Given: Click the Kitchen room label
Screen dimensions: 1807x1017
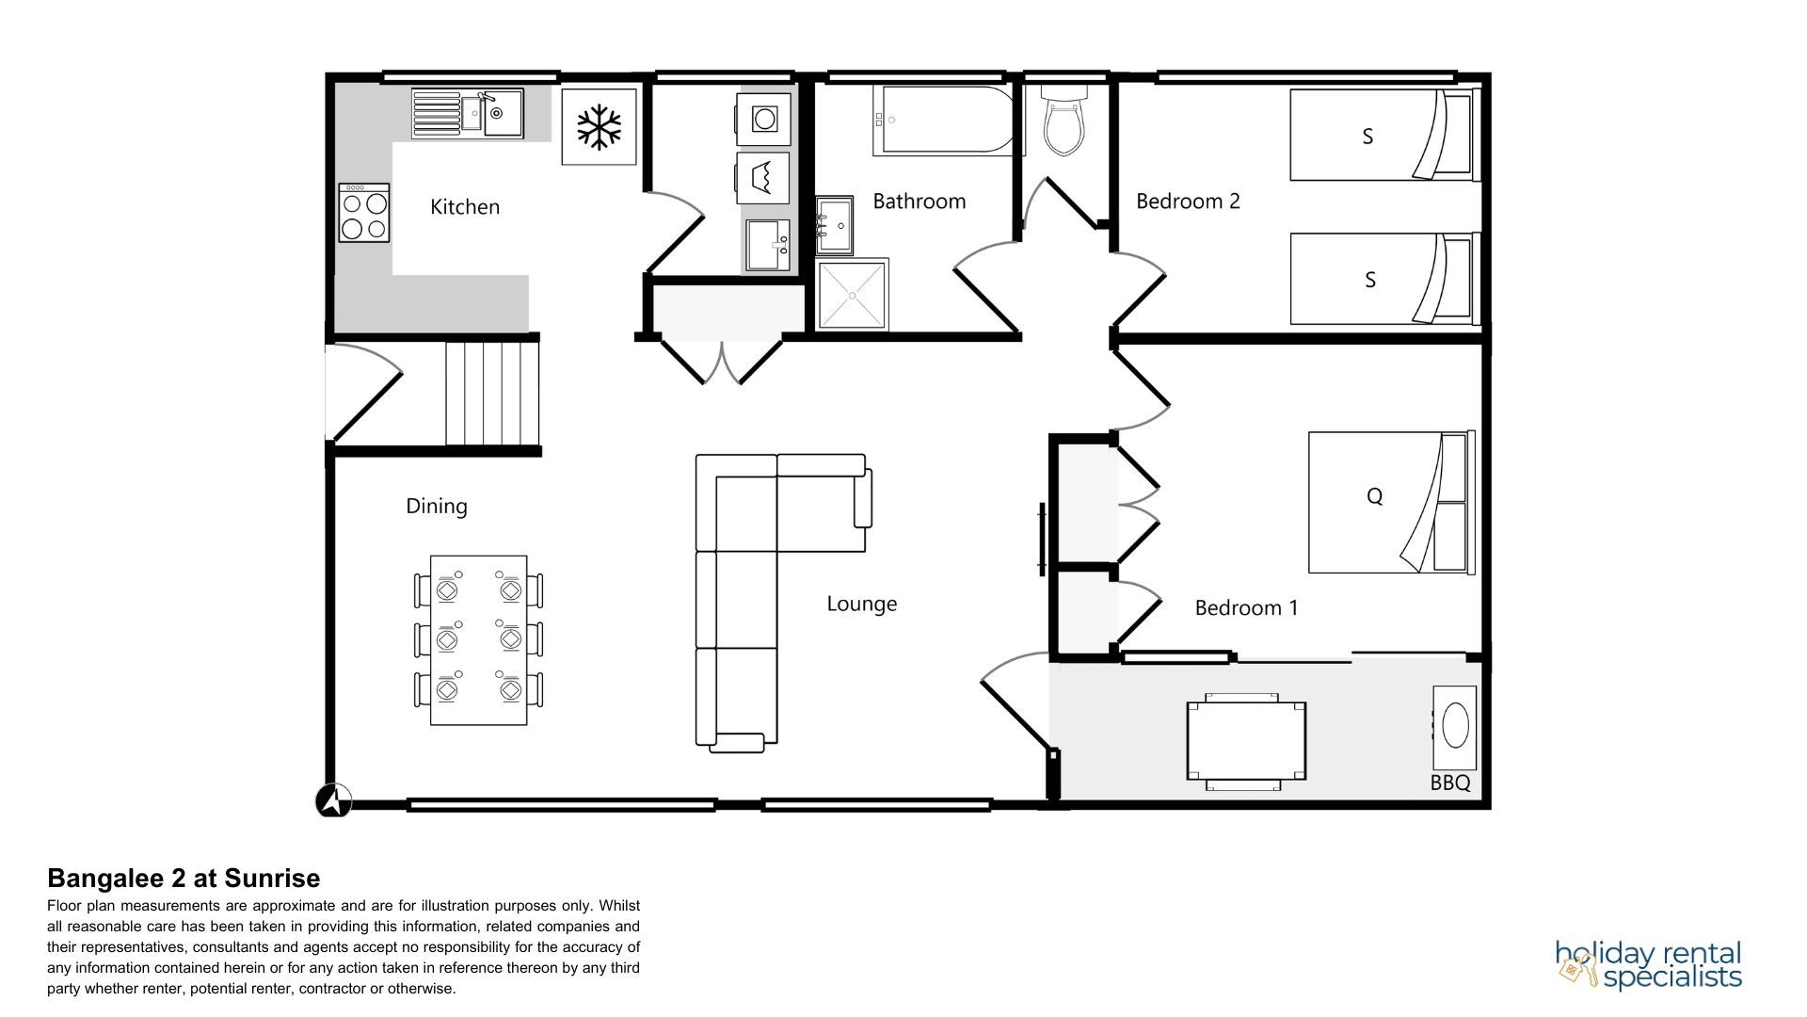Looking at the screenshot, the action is click(x=465, y=207).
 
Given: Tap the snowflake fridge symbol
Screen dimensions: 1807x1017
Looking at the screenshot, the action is click(x=600, y=127).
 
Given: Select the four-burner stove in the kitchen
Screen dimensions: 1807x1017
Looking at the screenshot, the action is click(x=364, y=213).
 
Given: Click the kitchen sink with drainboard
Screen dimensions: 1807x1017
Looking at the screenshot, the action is click(x=468, y=114).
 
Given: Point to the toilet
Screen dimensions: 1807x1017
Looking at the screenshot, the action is click(x=1064, y=120).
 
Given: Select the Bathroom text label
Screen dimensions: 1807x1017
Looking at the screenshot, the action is click(x=919, y=201).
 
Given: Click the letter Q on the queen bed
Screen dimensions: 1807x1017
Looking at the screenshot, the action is click(x=1374, y=496).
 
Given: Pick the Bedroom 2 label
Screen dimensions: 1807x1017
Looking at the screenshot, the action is click(x=1188, y=201).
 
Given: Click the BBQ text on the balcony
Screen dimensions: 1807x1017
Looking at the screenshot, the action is click(x=1450, y=783).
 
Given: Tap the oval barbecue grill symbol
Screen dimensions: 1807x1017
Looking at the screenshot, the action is click(x=1455, y=728).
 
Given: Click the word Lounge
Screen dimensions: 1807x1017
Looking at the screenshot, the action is click(x=862, y=604).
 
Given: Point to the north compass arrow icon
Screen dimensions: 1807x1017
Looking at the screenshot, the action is click(x=333, y=801).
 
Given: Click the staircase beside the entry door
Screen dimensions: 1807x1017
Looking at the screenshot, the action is click(x=492, y=394).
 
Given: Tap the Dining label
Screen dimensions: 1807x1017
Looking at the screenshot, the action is click(x=437, y=507).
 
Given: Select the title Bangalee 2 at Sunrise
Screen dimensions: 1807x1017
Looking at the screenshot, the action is click(x=184, y=879).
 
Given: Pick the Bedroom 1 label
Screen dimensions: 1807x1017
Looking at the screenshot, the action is click(x=1246, y=608).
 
